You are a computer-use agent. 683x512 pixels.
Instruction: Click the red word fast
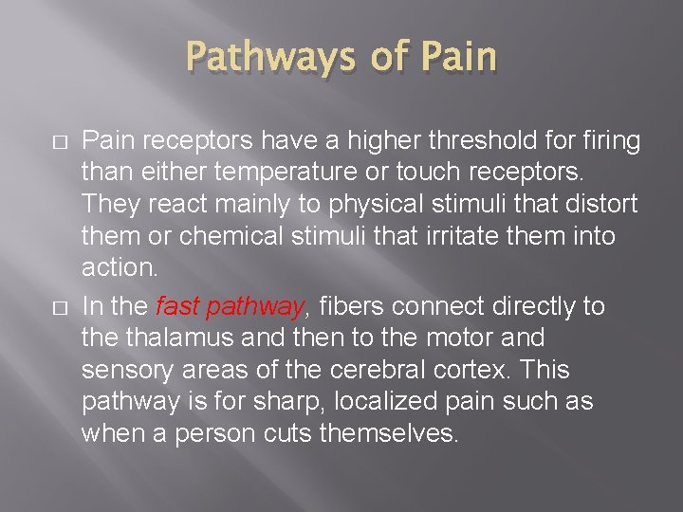176,307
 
